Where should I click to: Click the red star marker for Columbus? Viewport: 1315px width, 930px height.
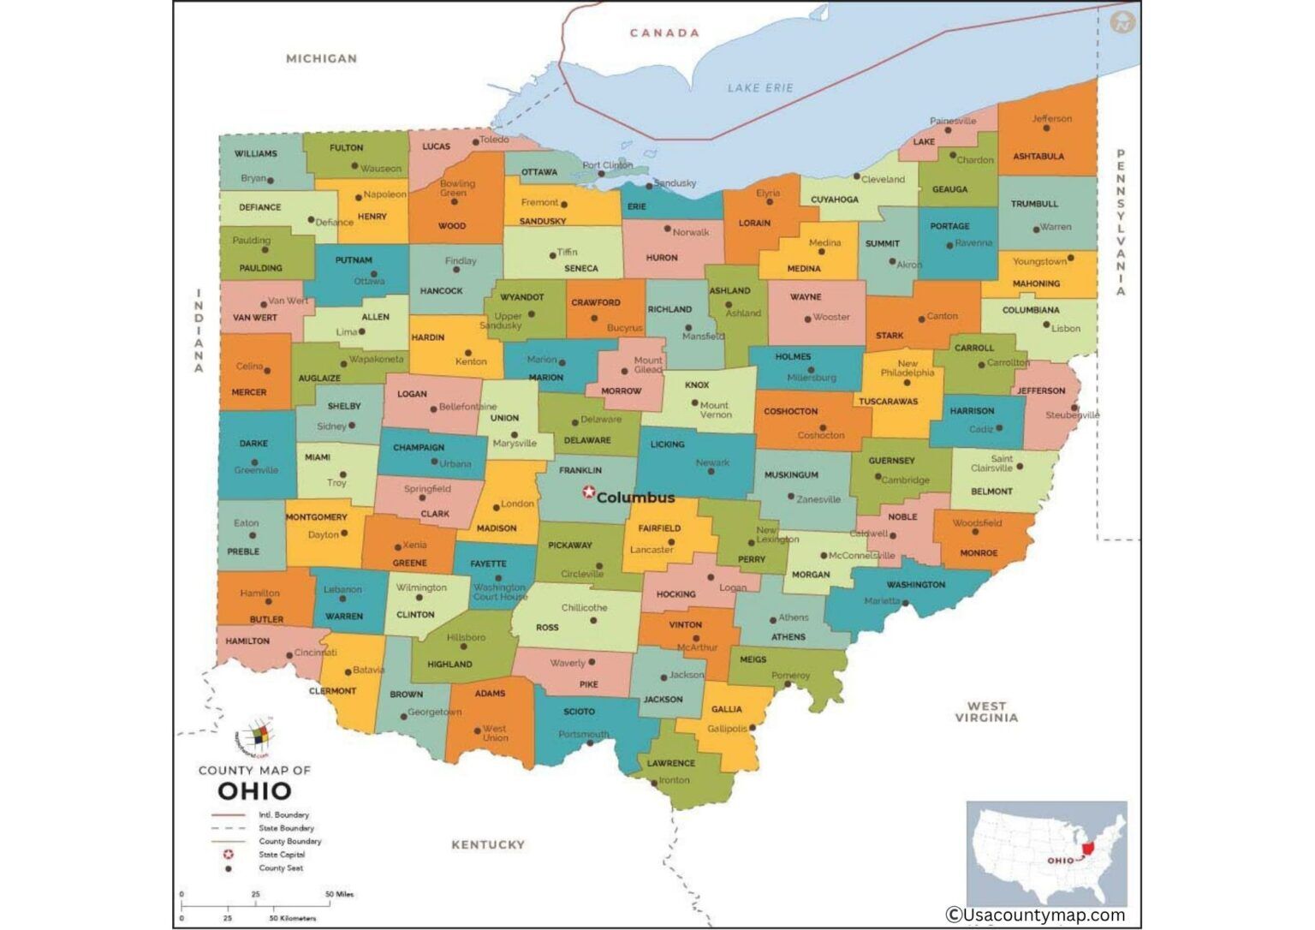coord(588,492)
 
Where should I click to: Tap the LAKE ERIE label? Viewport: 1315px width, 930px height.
coord(759,87)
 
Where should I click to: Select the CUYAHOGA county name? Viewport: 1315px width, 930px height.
coord(834,200)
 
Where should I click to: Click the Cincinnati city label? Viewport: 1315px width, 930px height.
coord(315,653)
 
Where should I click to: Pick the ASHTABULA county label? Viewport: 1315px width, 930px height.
coord(1038,157)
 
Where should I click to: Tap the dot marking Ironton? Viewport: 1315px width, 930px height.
coord(653,781)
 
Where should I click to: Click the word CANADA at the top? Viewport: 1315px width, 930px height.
coord(664,33)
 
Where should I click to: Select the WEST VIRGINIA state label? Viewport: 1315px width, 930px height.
coord(986,712)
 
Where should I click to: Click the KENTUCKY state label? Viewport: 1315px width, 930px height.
coord(487,844)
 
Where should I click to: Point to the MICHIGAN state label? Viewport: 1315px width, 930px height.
coord(321,58)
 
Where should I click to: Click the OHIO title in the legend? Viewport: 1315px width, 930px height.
coord(254,790)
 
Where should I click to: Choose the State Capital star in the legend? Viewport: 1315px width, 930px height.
coord(229,855)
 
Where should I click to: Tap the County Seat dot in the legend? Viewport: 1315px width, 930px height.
coord(229,868)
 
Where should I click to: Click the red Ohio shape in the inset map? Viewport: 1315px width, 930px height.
coord(1087,849)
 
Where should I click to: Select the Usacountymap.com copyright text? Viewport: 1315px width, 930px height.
coord(1034,915)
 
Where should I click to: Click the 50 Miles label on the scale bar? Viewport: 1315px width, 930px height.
coord(340,894)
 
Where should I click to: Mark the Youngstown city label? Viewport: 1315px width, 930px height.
coord(1038,261)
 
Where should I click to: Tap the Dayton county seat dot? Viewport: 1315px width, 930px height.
coord(344,534)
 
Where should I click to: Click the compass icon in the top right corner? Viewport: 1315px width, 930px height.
coord(1122,22)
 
